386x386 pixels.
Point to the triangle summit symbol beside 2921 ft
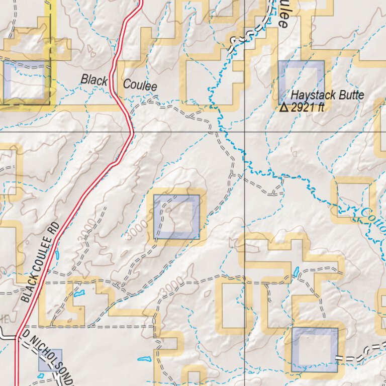pyautogui.click(x=284, y=107)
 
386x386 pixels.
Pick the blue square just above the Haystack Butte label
pyautogui.click(x=302, y=81)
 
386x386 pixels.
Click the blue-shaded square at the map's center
pyautogui.click(x=176, y=217)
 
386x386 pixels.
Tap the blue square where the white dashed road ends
pyautogui.click(x=315, y=350)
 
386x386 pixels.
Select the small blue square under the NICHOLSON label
pyautogui.click(x=50, y=360)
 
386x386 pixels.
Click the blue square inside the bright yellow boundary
pyautogui.click(x=25, y=80)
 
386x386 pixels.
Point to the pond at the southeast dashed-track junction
pyautogui.click(x=297, y=272)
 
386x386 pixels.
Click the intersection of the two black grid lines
pyautogui.click(x=245, y=132)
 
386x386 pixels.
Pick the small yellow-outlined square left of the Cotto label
pyautogui.click(x=353, y=200)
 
